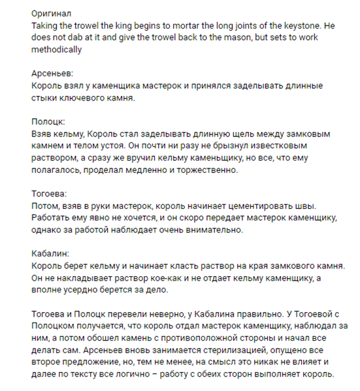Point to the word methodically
tap(57, 49)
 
